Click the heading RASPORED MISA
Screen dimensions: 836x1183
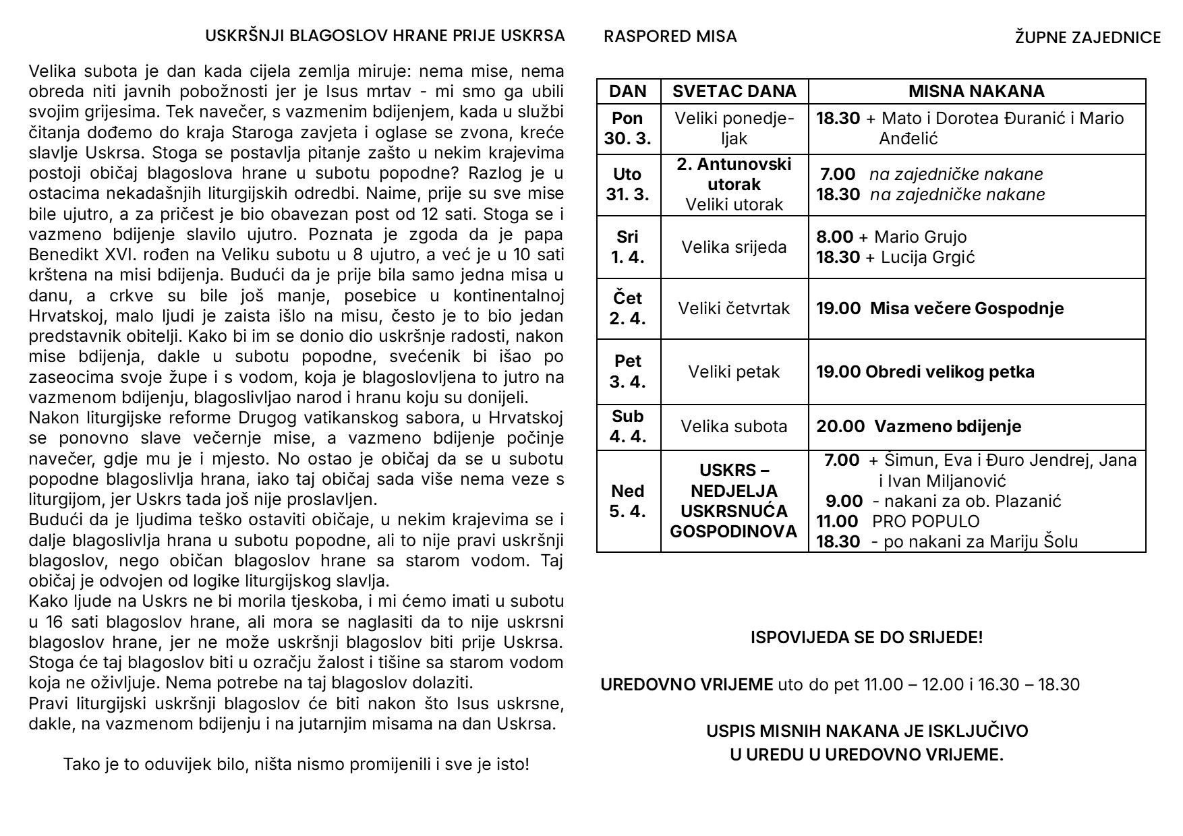(670, 36)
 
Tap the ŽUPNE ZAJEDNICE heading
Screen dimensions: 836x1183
(1087, 38)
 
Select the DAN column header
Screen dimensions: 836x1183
(628, 92)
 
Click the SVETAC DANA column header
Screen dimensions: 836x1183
(734, 92)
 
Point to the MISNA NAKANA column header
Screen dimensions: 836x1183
(976, 92)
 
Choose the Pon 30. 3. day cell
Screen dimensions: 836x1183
(628, 128)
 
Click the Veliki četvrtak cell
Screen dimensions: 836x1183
(734, 309)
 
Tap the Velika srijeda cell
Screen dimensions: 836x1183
(734, 247)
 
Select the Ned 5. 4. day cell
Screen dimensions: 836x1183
(628, 501)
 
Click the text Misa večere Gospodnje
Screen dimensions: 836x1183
(966, 309)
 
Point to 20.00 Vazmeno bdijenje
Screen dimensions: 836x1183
(919, 427)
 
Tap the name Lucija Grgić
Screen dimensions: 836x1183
(927, 258)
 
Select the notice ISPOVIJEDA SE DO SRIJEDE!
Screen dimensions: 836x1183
(867, 637)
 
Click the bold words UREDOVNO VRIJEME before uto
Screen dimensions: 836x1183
(687, 685)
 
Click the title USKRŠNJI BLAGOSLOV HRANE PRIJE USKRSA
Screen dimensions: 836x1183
(384, 36)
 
